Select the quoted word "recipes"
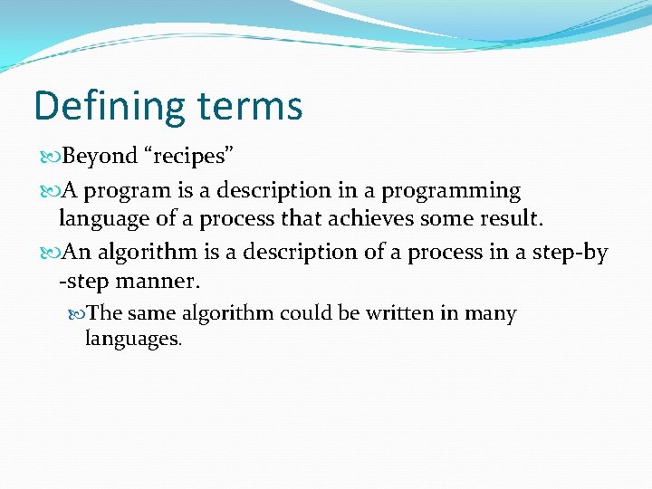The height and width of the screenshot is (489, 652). click(x=189, y=156)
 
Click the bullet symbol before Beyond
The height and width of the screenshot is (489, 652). click(x=52, y=157)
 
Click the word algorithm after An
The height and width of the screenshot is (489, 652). click(x=149, y=253)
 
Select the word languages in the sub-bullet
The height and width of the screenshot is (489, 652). click(x=133, y=340)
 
